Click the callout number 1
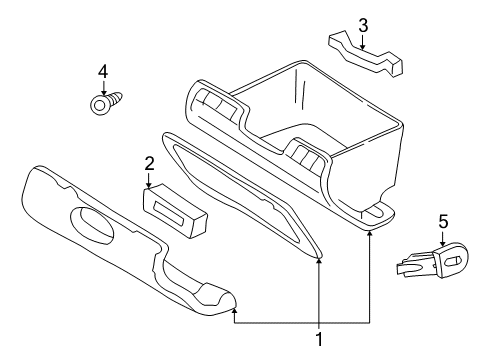[320, 340]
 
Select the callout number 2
[149, 162]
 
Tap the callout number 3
[363, 24]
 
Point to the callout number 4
[102, 72]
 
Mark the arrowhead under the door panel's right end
[234, 312]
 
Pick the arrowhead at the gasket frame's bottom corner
[320, 262]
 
